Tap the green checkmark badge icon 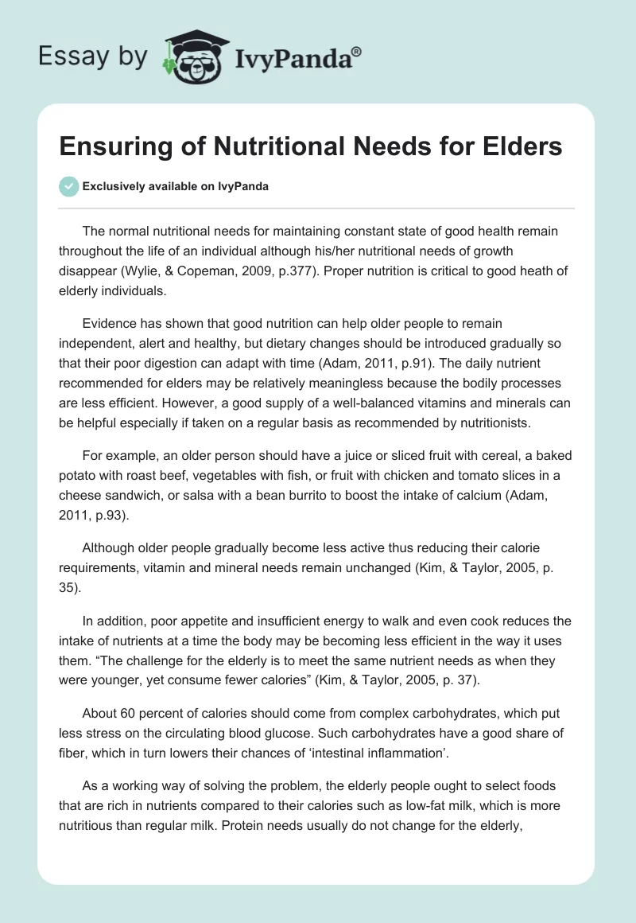pos(69,186)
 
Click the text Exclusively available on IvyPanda pos(175,186)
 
